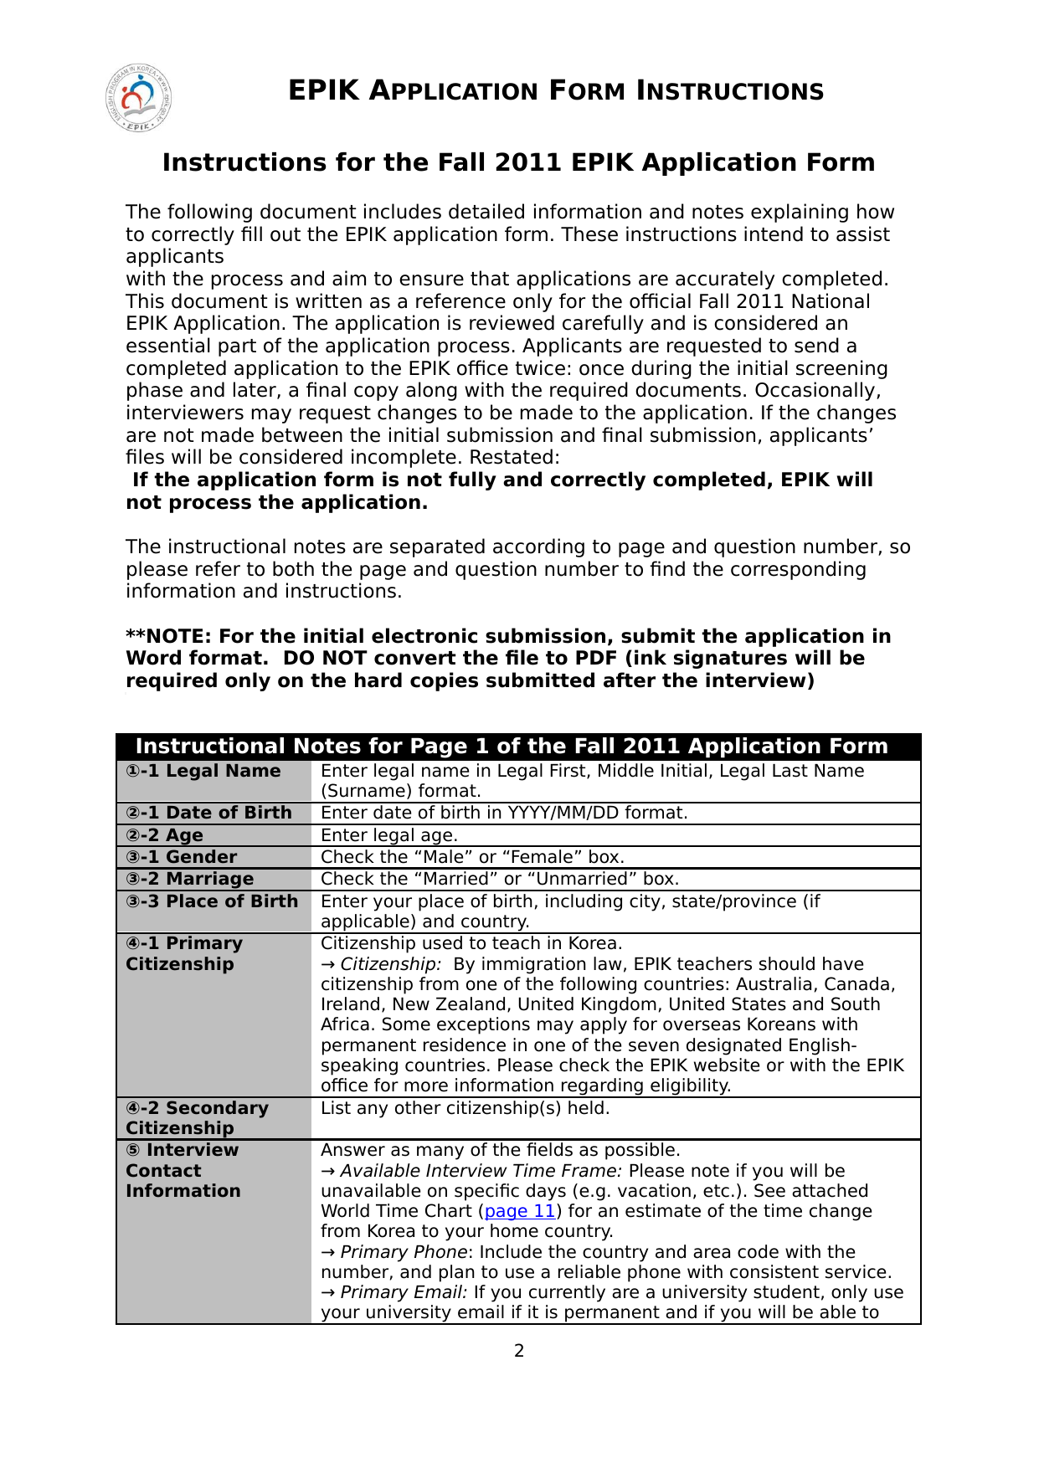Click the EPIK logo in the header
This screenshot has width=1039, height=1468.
[x=139, y=99]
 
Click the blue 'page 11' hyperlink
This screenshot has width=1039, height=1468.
[x=520, y=1211]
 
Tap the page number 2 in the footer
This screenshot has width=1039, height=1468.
[x=519, y=1350]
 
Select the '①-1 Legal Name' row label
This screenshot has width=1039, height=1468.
[x=203, y=771]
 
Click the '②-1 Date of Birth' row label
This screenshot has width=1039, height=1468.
[x=209, y=813]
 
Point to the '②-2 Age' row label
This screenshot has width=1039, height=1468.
[x=165, y=835]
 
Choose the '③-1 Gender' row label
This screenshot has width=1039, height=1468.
[x=182, y=857]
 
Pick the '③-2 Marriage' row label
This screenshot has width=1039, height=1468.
[x=190, y=879]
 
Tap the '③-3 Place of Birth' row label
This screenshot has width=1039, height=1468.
[x=212, y=901]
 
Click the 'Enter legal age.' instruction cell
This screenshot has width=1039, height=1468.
[x=389, y=835]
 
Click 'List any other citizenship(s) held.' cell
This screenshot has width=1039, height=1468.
[x=465, y=1108]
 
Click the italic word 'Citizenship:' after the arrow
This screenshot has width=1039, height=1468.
[x=390, y=964]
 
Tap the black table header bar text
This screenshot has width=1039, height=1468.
[x=512, y=746]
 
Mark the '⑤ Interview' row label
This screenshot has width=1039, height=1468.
[x=183, y=1150]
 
